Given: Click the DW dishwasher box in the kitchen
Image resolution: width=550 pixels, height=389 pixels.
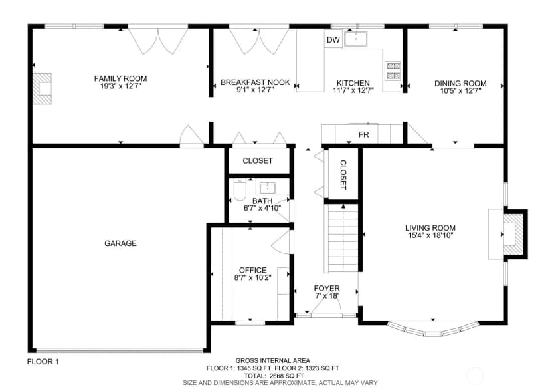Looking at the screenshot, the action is pos(333,39).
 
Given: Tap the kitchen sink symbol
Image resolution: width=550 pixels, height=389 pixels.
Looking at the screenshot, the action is pos(355,39).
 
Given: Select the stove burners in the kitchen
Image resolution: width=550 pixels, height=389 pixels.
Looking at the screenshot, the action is pos(393,71).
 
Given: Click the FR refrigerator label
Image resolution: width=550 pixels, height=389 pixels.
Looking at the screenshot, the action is pos(364,134).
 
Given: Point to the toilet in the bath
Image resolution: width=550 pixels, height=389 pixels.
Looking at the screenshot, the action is pos(240,190).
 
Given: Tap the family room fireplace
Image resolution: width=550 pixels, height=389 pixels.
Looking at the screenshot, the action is pos(42,89).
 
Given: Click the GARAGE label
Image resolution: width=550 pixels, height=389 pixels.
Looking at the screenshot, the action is pos(120,243).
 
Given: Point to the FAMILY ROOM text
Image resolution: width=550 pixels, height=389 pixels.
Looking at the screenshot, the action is pos(120,78).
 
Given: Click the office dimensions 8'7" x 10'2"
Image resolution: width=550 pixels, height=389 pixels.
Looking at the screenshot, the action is pos(253,278).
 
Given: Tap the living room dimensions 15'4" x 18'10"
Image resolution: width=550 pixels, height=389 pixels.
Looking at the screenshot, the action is pos(430,235).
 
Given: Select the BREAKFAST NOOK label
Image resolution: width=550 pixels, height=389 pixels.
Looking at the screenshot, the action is pos(255,82).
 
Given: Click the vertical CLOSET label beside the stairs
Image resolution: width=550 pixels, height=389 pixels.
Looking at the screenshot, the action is pos(343,175).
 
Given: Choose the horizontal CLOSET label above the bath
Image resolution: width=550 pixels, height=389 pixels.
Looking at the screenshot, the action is pos(258,160).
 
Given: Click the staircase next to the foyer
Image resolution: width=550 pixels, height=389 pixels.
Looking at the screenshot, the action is pos(343,238).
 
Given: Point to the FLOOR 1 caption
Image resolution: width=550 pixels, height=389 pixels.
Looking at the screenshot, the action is pos(43,362).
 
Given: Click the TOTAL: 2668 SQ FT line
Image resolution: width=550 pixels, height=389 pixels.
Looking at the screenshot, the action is pos(274,376).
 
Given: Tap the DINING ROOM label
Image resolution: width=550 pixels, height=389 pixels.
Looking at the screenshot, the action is pos(460,84).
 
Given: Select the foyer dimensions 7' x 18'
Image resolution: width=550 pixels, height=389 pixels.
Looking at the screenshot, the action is pos(327,296).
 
